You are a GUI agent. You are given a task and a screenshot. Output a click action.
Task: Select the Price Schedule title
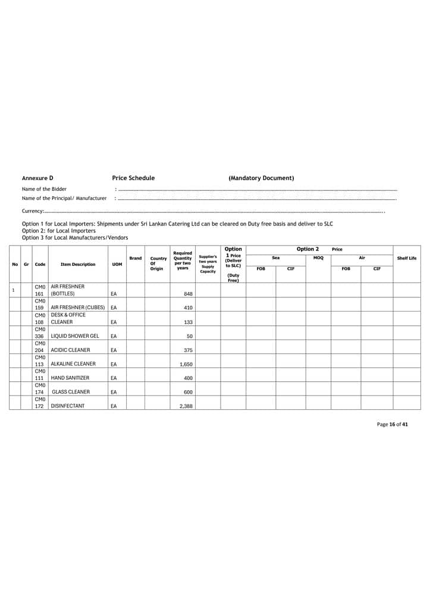(133, 178)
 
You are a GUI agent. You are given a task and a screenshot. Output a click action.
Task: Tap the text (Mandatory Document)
(261, 178)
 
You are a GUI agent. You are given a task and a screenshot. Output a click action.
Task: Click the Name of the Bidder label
(44, 189)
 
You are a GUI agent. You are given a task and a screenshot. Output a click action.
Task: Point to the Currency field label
(33, 211)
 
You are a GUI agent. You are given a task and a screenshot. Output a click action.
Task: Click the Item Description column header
(78, 265)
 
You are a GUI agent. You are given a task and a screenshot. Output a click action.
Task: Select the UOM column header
(117, 265)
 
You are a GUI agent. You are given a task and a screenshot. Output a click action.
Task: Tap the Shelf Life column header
(407, 258)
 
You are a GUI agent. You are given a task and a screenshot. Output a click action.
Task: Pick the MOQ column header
(318, 258)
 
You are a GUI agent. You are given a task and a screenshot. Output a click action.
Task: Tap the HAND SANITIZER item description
(70, 378)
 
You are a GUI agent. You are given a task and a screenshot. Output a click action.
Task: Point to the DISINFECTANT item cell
(68, 406)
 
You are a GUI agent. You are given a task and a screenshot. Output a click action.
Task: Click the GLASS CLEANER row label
(71, 392)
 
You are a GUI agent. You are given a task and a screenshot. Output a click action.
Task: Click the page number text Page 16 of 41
(393, 425)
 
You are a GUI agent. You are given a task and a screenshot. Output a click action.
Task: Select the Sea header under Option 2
(276, 258)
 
